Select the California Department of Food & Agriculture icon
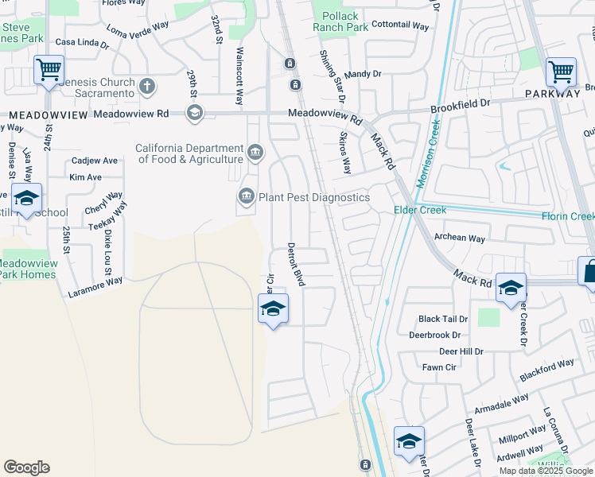(x=255, y=152)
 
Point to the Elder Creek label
(x=420, y=210)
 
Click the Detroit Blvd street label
(x=296, y=265)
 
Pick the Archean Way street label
(x=459, y=238)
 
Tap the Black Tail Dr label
(x=443, y=319)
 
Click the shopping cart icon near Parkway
(x=561, y=72)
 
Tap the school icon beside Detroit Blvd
(x=273, y=308)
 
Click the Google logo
(x=26, y=467)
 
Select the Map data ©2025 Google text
(x=546, y=471)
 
